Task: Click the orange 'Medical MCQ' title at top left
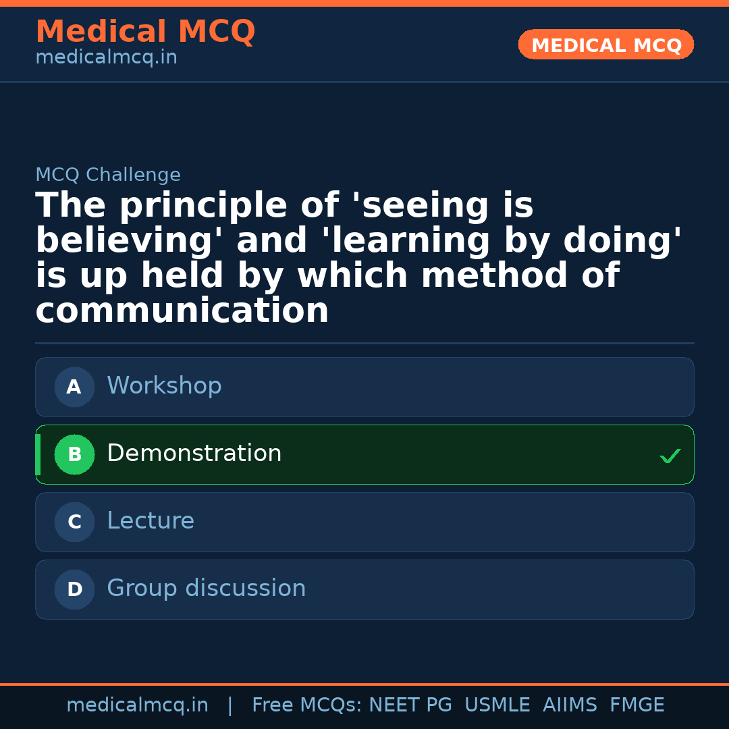click(145, 32)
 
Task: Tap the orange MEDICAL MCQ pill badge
click(606, 45)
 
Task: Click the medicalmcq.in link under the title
click(106, 58)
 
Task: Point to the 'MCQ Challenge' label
click(108, 175)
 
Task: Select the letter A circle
click(74, 387)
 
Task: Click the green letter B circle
click(74, 455)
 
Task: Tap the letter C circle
click(74, 522)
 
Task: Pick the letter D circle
click(74, 590)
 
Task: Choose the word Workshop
click(164, 386)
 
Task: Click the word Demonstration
click(194, 454)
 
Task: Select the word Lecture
click(151, 521)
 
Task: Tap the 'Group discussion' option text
click(207, 589)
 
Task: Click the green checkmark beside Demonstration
click(670, 456)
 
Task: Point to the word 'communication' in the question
click(182, 312)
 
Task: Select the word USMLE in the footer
click(497, 705)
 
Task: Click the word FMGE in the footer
click(637, 705)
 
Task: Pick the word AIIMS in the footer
click(570, 705)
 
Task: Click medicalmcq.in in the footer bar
click(138, 705)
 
